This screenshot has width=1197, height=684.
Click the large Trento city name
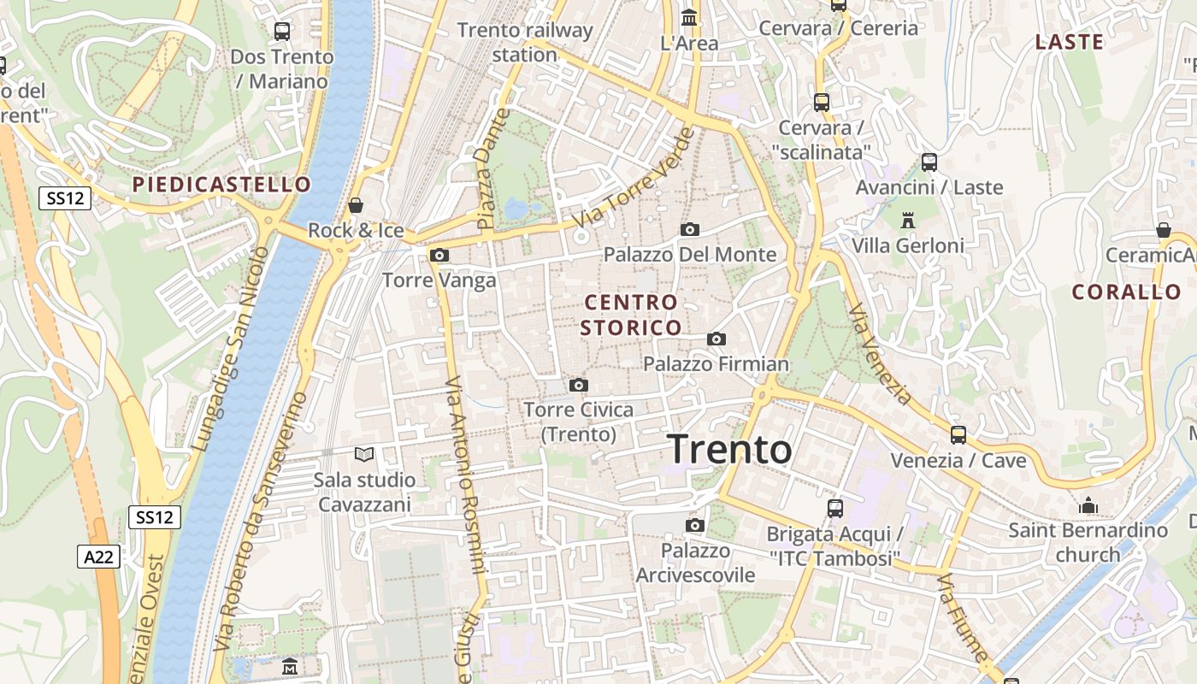(x=729, y=449)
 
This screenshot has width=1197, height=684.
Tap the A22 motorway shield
(x=98, y=557)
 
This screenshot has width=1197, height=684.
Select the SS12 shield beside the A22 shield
(x=155, y=517)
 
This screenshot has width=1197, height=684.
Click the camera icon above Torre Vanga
(x=439, y=255)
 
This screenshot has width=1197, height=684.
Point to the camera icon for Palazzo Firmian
(x=716, y=339)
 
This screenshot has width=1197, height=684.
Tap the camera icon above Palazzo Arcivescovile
(x=695, y=524)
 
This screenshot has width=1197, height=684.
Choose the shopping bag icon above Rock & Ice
(x=356, y=205)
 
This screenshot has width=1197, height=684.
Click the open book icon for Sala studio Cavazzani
(x=364, y=454)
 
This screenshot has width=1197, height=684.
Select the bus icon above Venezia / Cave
(x=958, y=434)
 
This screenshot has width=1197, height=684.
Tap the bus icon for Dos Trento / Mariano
(x=281, y=32)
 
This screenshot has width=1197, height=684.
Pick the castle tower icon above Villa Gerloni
(x=908, y=220)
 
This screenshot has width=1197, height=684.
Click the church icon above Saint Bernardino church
(x=1088, y=505)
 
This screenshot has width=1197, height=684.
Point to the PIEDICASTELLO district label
(x=222, y=185)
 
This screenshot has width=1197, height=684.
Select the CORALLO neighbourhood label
(x=1127, y=292)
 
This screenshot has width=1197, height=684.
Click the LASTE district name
(x=1069, y=42)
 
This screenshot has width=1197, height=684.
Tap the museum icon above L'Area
(x=689, y=17)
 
